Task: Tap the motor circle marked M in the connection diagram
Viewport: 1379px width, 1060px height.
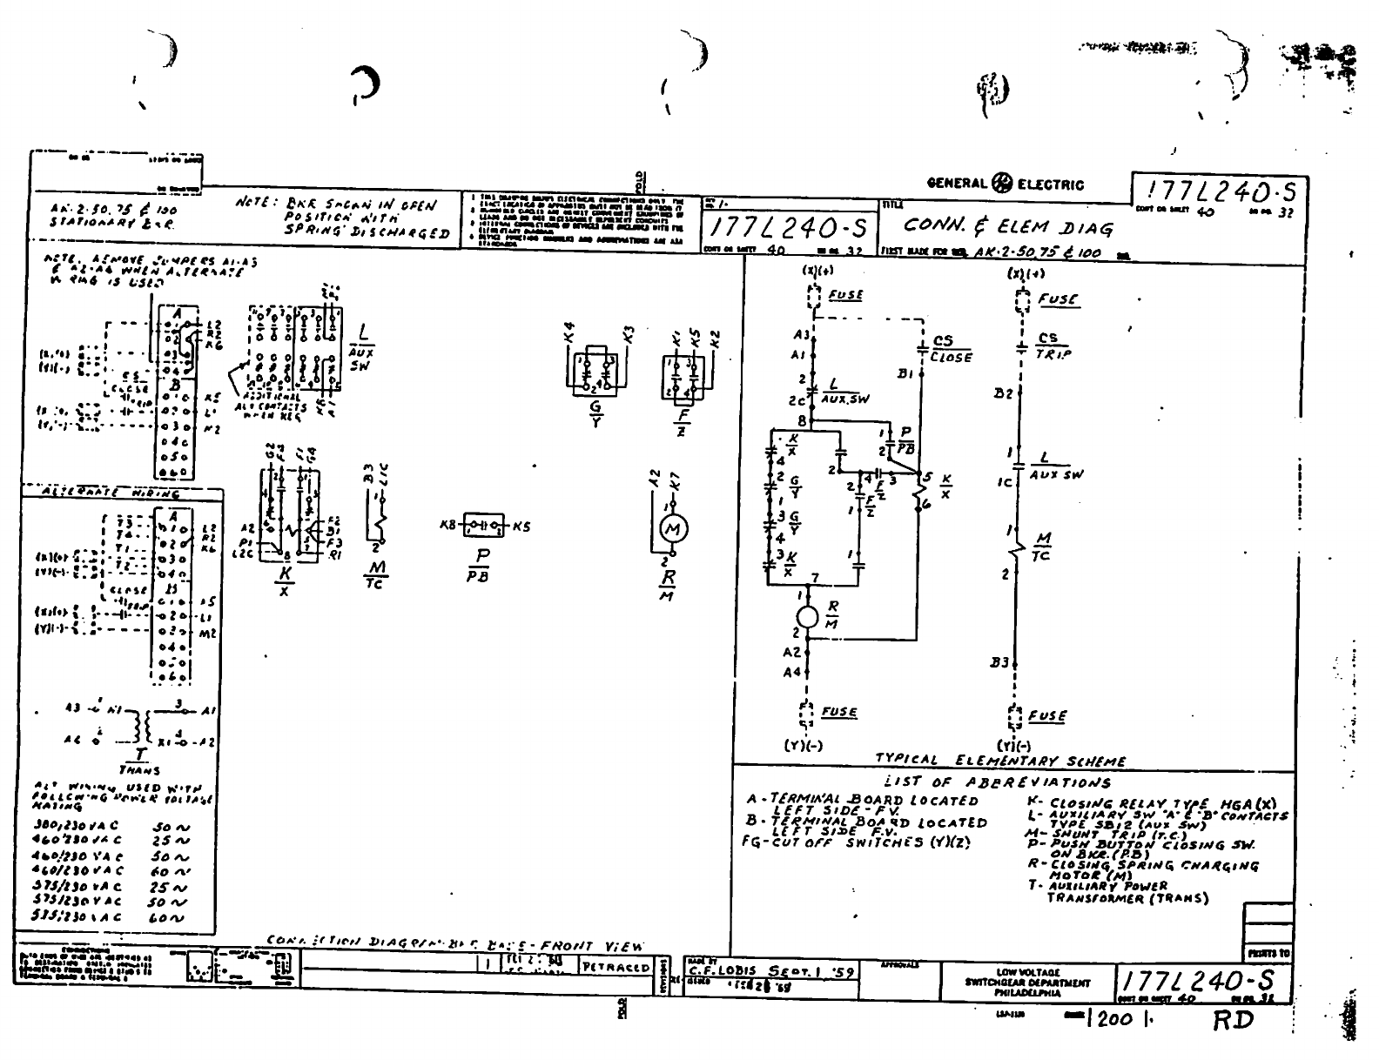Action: [x=673, y=528]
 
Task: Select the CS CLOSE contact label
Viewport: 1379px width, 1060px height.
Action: [x=950, y=348]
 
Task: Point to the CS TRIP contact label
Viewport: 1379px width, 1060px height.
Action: [x=1052, y=346]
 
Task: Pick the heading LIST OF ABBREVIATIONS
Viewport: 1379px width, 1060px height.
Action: [x=997, y=782]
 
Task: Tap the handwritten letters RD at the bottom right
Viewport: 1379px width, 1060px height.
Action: [x=1234, y=1019]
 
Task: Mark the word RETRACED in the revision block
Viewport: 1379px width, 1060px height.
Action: [x=616, y=967]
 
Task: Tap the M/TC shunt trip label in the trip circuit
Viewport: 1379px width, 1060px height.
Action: [x=1044, y=547]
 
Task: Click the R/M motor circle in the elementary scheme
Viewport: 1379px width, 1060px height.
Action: [x=807, y=616]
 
